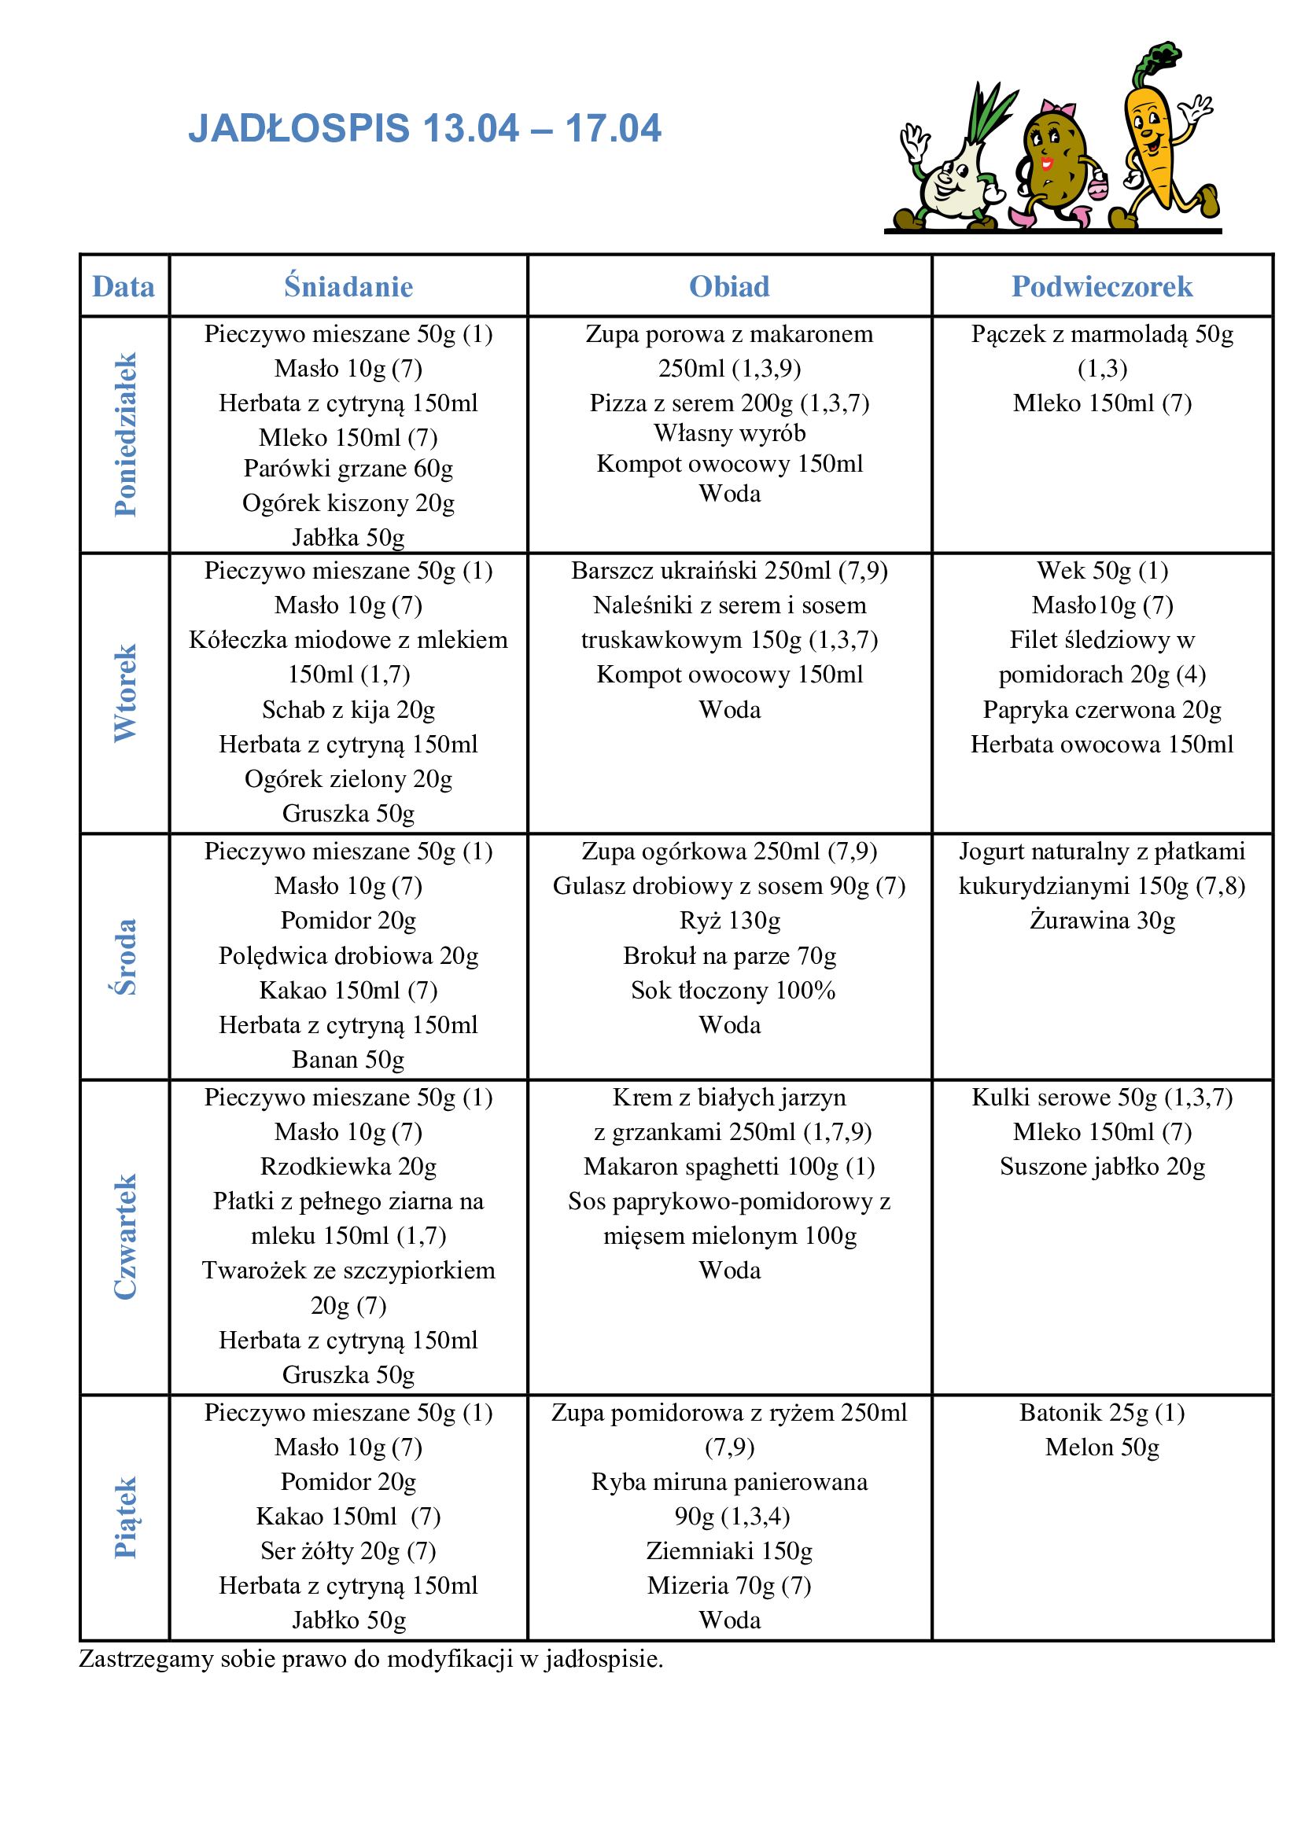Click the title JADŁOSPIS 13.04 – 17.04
[x=425, y=128]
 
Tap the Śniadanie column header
[x=348, y=287]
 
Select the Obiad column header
[x=729, y=287]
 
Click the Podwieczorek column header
[x=1101, y=287]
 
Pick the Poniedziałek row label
[x=125, y=434]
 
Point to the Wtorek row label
[x=125, y=693]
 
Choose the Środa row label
[x=125, y=956]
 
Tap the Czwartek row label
[x=125, y=1237]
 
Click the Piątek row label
[x=125, y=1517]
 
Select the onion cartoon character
[x=953, y=168]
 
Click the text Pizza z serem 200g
[x=694, y=403]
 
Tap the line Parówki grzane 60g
[x=348, y=468]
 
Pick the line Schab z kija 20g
[x=348, y=710]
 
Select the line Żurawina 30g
[x=1102, y=921]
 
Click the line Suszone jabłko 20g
[x=1102, y=1166]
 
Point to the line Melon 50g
[x=1102, y=1447]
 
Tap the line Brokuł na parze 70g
[x=730, y=955]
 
